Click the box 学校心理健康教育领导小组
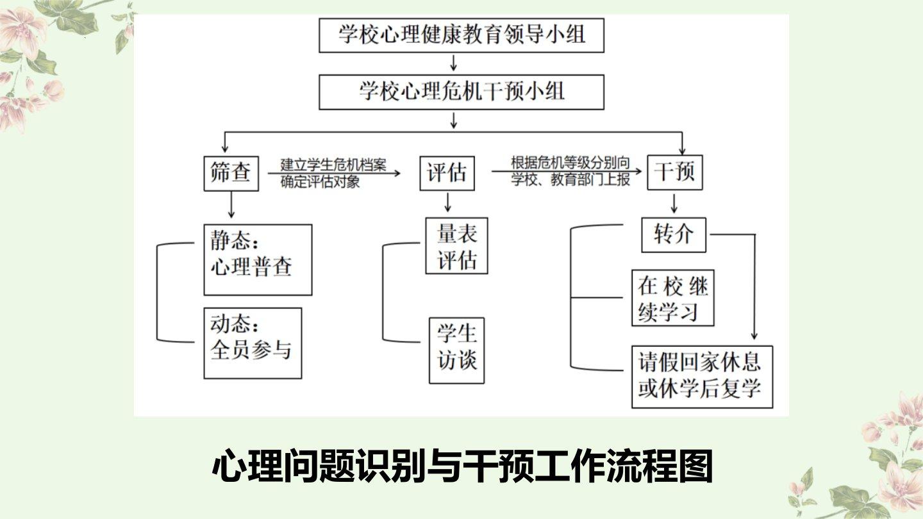click(x=462, y=35)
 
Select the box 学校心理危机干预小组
click(x=462, y=92)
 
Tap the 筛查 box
click(x=231, y=173)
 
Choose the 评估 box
click(x=447, y=173)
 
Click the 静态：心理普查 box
click(x=258, y=259)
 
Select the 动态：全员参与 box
click(x=253, y=343)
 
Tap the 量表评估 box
click(x=456, y=245)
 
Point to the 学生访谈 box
click(x=456, y=350)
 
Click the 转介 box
click(x=674, y=235)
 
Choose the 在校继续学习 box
click(x=673, y=299)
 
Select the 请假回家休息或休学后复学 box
click(x=702, y=377)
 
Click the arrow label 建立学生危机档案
click(x=333, y=165)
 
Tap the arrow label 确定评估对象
click(x=320, y=181)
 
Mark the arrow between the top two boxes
click(x=454, y=63)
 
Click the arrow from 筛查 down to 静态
click(x=231, y=206)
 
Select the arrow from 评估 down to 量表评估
click(x=448, y=203)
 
